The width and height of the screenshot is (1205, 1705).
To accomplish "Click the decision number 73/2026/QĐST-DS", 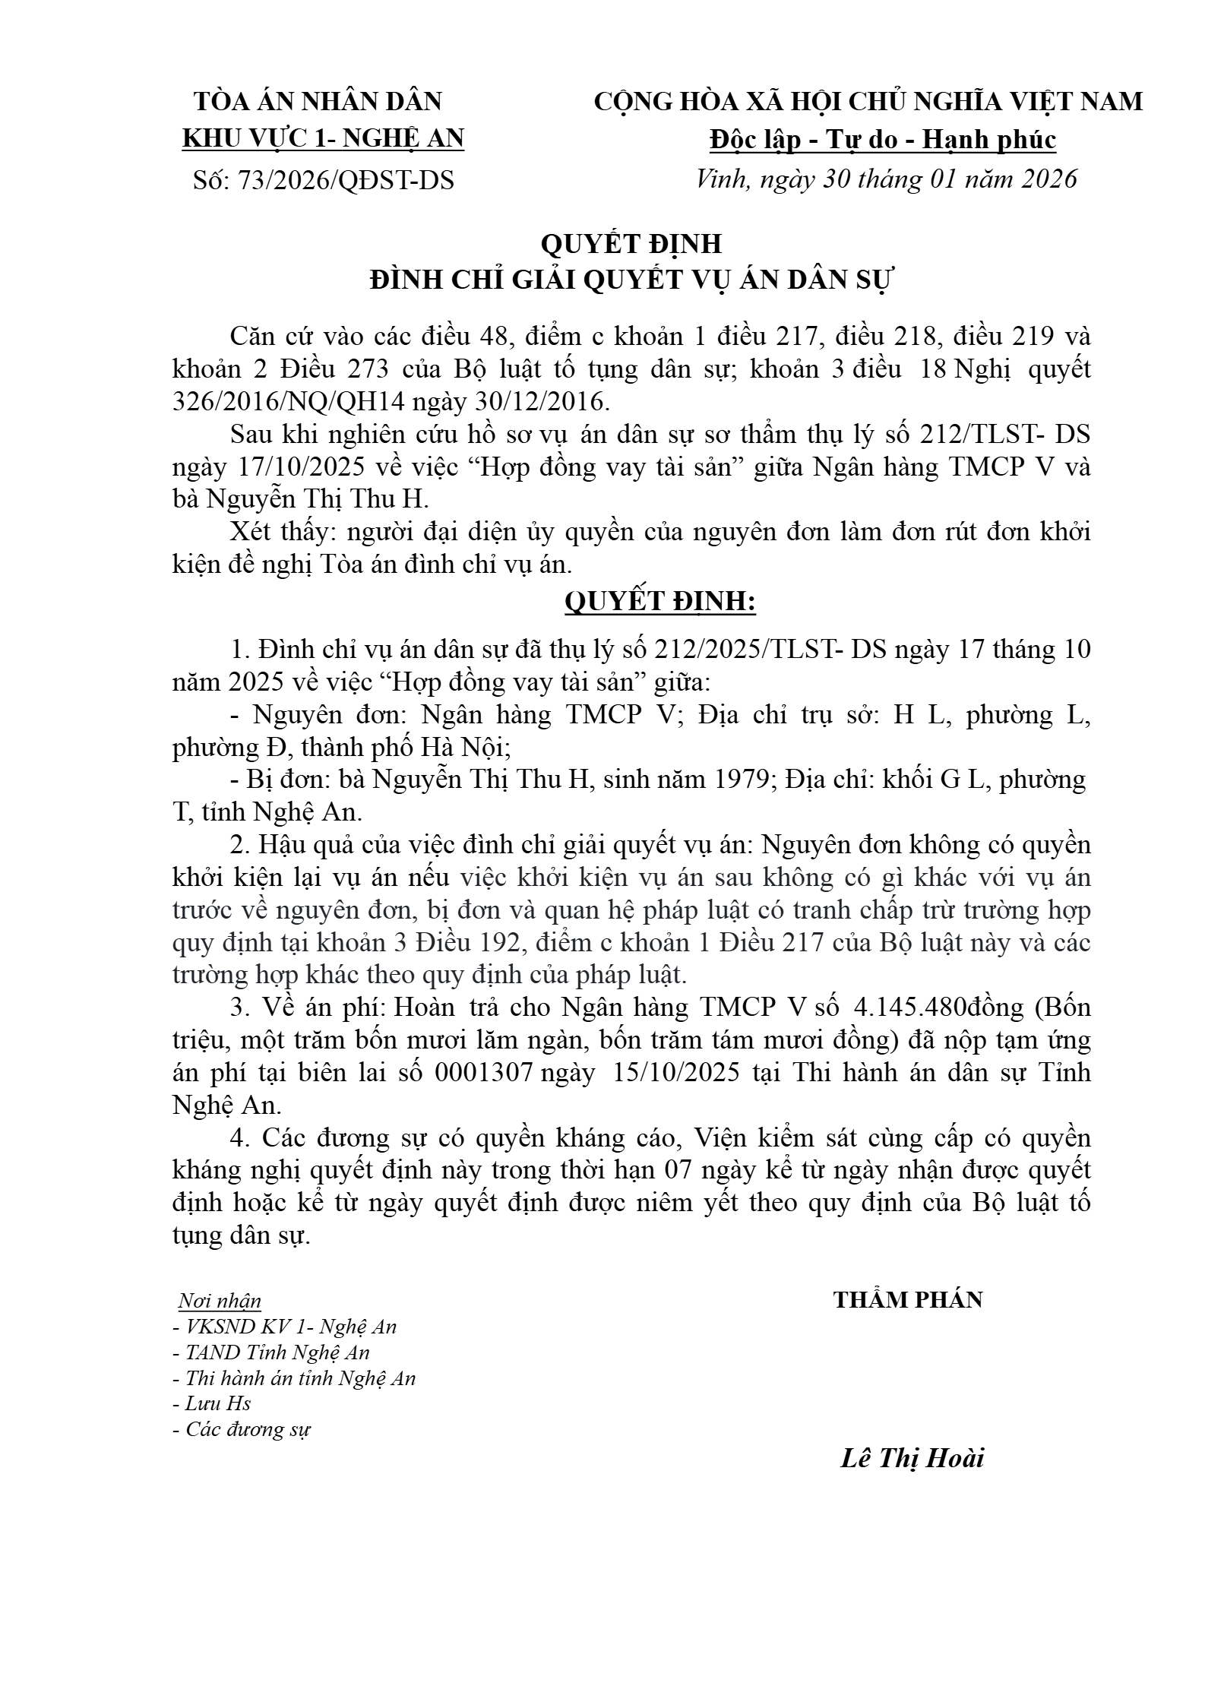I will pyautogui.click(x=346, y=181).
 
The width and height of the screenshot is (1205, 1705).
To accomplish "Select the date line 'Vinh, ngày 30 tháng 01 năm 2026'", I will pyautogui.click(x=887, y=179).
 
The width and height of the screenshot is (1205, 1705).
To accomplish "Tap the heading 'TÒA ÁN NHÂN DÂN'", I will pyautogui.click(x=318, y=102).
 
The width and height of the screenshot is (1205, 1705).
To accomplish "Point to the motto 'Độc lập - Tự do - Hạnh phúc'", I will pyautogui.click(x=883, y=140).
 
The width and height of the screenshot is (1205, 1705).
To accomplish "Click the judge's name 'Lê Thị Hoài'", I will pyautogui.click(x=912, y=1458).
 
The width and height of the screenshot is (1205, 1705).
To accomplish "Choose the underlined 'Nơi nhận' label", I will pyautogui.click(x=220, y=1302).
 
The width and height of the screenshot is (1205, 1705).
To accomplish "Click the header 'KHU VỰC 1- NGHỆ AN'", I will pyautogui.click(x=324, y=139).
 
